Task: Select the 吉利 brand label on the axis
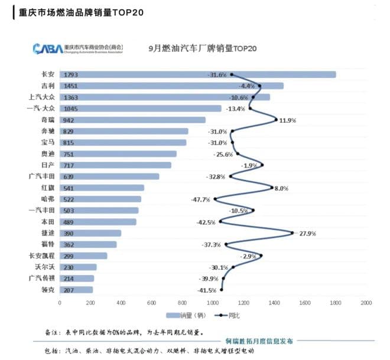[x=48, y=86]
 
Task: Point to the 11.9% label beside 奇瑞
[x=287, y=120]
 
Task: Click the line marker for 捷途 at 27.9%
[x=292, y=233]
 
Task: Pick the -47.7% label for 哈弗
[x=201, y=199]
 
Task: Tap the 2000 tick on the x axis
[x=366, y=303]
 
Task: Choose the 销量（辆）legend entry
[x=189, y=316]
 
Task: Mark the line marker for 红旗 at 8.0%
[x=272, y=188]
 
